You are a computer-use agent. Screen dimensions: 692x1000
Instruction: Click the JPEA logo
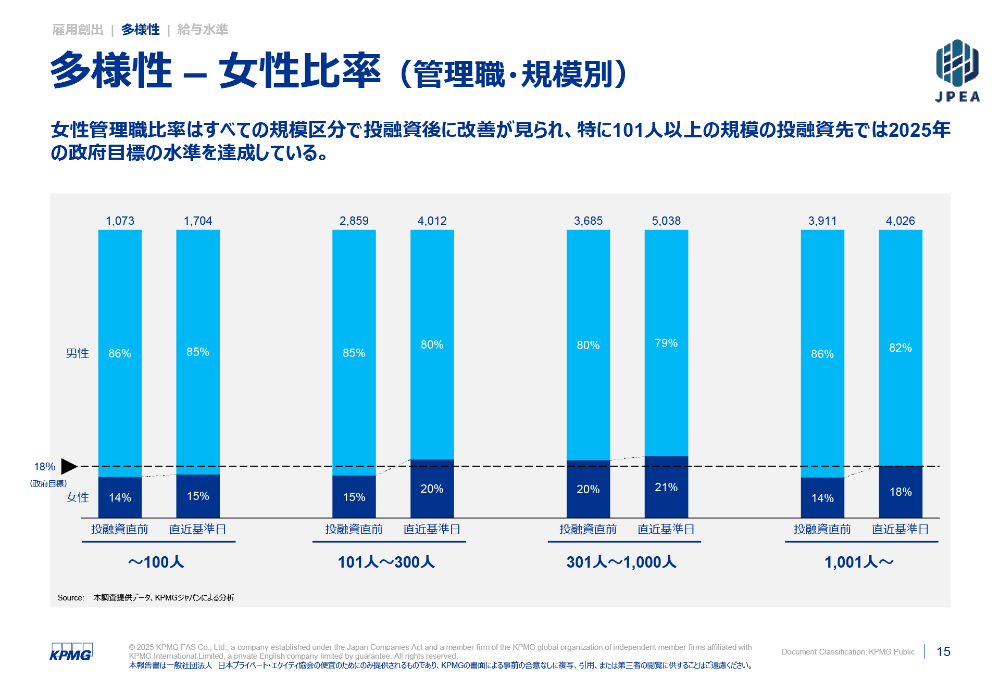(957, 70)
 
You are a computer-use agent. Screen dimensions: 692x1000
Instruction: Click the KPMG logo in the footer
(71, 652)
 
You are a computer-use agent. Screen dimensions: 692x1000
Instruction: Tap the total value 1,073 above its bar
(120, 221)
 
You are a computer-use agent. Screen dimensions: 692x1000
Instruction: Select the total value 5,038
(666, 221)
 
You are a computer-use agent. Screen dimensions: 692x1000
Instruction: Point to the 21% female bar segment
(666, 488)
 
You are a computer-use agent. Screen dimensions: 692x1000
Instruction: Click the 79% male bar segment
(666, 343)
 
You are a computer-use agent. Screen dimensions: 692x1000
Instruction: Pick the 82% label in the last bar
(900, 348)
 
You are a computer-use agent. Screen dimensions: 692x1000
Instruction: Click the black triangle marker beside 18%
(68, 466)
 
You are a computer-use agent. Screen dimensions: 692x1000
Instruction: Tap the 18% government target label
(45, 467)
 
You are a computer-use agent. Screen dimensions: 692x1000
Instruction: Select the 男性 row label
(77, 353)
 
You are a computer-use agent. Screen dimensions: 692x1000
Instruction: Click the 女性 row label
(77, 497)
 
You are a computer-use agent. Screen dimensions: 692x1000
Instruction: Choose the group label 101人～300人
(386, 562)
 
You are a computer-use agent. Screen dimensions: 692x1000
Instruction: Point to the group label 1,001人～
(859, 562)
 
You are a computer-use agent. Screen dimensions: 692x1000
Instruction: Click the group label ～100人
(156, 562)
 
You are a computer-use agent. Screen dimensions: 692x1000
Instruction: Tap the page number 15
(943, 651)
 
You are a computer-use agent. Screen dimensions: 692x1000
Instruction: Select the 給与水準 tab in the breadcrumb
(203, 30)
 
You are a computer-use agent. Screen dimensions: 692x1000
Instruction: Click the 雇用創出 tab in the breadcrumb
(78, 30)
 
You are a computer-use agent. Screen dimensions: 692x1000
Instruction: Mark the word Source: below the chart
(71, 597)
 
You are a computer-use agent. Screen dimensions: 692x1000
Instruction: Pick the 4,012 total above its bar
(432, 221)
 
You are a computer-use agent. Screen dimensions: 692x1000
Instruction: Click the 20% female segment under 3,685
(588, 489)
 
